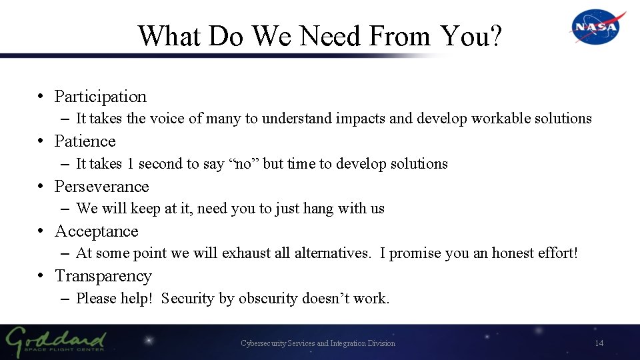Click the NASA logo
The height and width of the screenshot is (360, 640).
click(597, 27)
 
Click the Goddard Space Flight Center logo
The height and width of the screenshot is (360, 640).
click(56, 342)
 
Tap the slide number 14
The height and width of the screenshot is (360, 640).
click(599, 343)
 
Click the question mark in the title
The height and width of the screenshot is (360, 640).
click(495, 36)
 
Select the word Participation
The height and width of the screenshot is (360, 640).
click(100, 97)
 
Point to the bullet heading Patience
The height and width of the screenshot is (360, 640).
click(85, 141)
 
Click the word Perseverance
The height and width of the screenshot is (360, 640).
click(101, 187)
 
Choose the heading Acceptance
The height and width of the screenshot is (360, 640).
click(96, 231)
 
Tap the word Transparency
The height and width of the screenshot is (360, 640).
click(103, 276)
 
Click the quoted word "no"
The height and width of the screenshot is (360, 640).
click(244, 164)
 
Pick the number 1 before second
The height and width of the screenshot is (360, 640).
click(130, 164)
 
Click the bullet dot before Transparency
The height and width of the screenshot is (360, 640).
click(41, 276)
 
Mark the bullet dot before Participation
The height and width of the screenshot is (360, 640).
click(41, 97)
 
